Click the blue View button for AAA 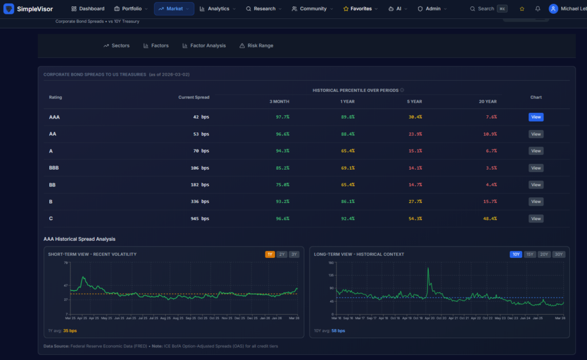[x=535, y=117]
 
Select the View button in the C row [x=535, y=218]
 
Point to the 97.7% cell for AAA [x=283, y=117]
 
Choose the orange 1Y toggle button [x=269, y=254]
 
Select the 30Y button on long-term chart [x=558, y=254]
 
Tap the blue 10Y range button [x=515, y=254]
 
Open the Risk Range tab [x=256, y=45]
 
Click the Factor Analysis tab [x=204, y=45]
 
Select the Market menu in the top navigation [x=174, y=9]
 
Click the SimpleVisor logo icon [x=9, y=9]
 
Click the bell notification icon [x=538, y=9]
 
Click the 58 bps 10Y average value [x=338, y=331]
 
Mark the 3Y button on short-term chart [x=293, y=254]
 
